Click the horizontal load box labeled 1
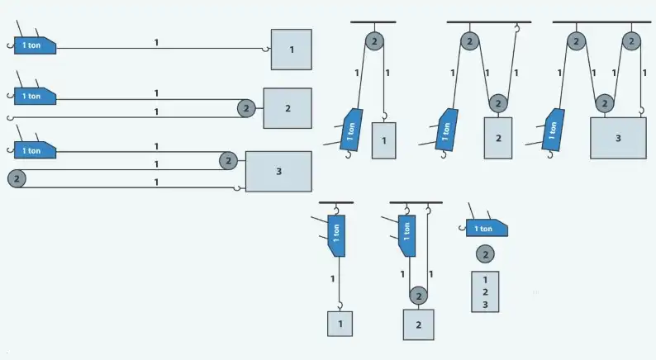[x=291, y=50]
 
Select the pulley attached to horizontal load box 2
[x=245, y=108]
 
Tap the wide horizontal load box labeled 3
[x=278, y=171]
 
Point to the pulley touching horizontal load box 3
[x=229, y=160]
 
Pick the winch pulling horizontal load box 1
[x=34, y=45]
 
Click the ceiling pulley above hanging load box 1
[x=373, y=40]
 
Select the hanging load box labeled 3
[x=618, y=138]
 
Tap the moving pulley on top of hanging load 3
[x=606, y=104]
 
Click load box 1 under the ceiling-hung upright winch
[x=340, y=323]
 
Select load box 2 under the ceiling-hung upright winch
[x=419, y=324]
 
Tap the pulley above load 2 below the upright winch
[x=419, y=295]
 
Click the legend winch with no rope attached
[x=486, y=228]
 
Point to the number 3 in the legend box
[x=485, y=305]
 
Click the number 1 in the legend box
[x=485, y=279]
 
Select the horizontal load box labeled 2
[x=288, y=108]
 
